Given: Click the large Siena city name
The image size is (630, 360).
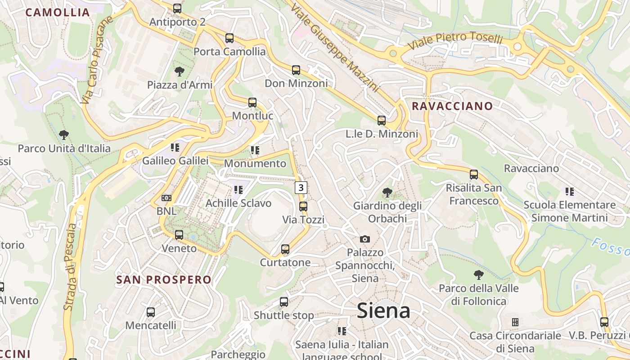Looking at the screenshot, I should click(x=383, y=311).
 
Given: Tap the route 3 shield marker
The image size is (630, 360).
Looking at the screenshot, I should click(x=301, y=187).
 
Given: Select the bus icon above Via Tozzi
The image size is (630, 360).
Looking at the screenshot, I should click(x=303, y=207).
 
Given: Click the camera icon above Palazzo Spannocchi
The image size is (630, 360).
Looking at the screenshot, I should click(x=364, y=239).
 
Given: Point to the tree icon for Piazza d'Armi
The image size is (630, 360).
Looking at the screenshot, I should click(x=179, y=71).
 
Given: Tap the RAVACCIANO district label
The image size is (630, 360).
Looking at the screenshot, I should click(x=452, y=106).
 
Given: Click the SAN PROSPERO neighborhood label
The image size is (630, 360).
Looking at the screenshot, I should click(x=164, y=279).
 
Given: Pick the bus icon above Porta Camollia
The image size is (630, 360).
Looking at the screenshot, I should click(x=229, y=38).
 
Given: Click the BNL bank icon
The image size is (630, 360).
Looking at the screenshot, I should click(x=166, y=198).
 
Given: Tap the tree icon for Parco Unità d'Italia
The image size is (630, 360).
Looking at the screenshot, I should click(x=64, y=135).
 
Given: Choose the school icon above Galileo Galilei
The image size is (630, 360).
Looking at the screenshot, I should click(x=175, y=147).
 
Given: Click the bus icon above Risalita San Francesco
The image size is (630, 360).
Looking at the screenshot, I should click(x=473, y=174).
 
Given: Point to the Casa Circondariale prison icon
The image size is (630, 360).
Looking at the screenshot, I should click(x=515, y=322).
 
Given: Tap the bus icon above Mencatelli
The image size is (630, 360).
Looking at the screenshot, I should click(x=151, y=312).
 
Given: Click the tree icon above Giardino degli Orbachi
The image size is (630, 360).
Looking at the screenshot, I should click(x=387, y=193).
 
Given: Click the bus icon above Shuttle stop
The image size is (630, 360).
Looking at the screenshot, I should click(x=283, y=302).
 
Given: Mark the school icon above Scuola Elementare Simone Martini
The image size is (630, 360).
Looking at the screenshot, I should click(x=569, y=192).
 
